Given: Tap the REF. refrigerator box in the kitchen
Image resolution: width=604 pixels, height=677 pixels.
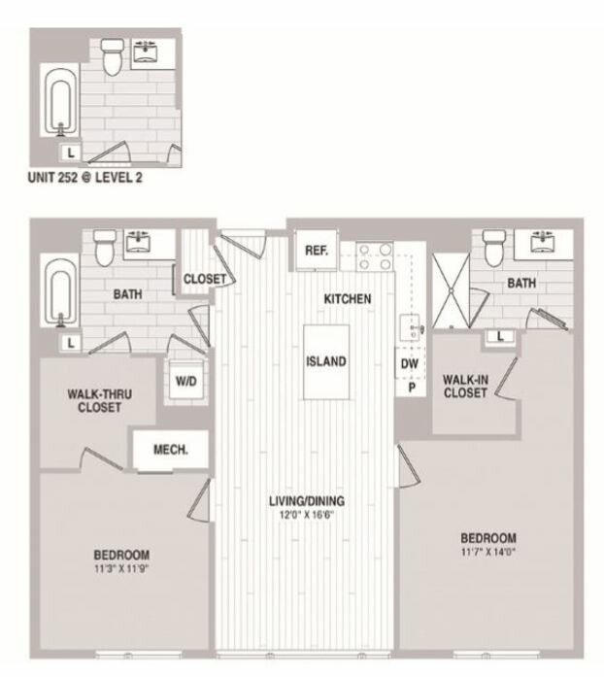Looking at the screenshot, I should tap(316, 250).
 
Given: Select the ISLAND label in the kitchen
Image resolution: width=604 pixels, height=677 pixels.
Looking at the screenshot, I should tap(326, 361).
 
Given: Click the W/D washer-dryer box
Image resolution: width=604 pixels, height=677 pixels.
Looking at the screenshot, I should tap(185, 380).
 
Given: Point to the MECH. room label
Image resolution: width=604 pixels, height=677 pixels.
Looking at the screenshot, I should tap(170, 450).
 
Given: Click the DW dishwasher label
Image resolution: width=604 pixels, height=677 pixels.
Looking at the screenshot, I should tap(410, 364).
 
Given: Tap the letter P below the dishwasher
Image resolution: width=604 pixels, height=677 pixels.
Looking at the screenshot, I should tap(411, 387).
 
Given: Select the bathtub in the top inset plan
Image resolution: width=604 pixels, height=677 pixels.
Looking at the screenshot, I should tap(60, 104).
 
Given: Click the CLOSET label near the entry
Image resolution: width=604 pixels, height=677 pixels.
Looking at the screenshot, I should tap(205, 280).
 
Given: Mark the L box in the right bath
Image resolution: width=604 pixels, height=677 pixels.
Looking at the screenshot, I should tap(499, 336).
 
